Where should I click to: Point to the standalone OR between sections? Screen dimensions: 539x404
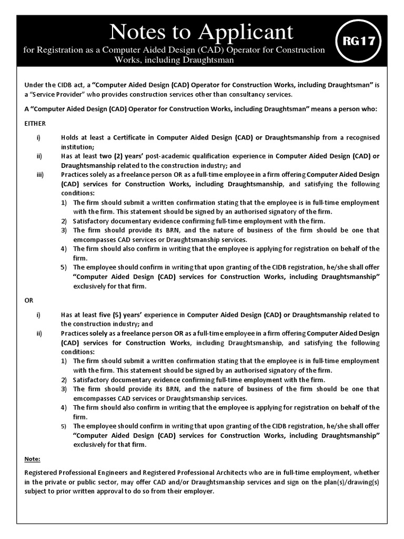coord(29,300)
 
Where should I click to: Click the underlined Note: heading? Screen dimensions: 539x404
coord(33,459)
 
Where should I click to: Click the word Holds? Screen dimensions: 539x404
coord(70,137)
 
